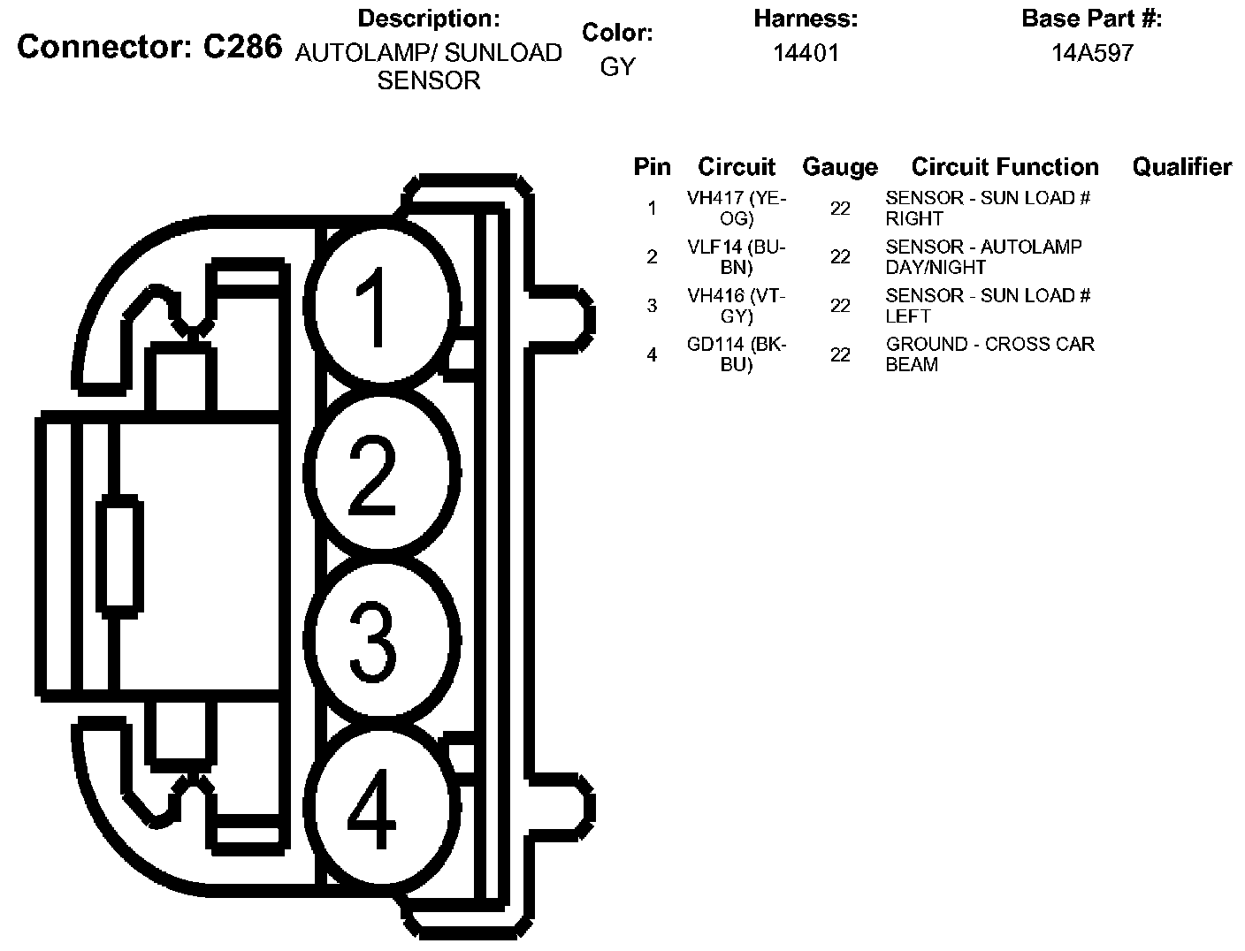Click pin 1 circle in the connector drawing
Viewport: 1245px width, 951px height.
coord(382,305)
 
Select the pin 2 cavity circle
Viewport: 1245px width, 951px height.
coord(382,472)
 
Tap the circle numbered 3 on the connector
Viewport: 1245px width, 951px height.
coord(382,639)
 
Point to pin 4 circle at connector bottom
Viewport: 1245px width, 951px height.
coord(382,807)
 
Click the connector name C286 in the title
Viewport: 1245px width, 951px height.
coord(242,47)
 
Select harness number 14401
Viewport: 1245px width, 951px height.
coord(806,53)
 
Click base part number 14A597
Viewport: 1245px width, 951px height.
coord(1092,53)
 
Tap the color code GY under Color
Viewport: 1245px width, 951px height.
coord(617,67)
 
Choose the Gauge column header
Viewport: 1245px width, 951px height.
coord(840,167)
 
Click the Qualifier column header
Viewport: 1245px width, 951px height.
coord(1182,167)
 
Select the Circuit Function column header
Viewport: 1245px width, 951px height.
coord(1005,167)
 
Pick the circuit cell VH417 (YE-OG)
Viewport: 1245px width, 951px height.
coord(737,208)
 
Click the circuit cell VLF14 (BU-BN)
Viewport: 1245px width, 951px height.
coord(737,256)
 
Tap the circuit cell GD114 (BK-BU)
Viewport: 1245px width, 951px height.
coord(737,354)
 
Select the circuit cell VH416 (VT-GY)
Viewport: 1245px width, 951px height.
coord(737,306)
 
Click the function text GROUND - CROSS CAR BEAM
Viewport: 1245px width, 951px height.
coord(989,354)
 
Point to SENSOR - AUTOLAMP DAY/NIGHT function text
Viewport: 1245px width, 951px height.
coord(983,256)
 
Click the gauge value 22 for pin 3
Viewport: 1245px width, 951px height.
coord(840,306)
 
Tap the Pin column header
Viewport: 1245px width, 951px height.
coord(653,167)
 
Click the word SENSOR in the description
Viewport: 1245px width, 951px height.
coord(429,80)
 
